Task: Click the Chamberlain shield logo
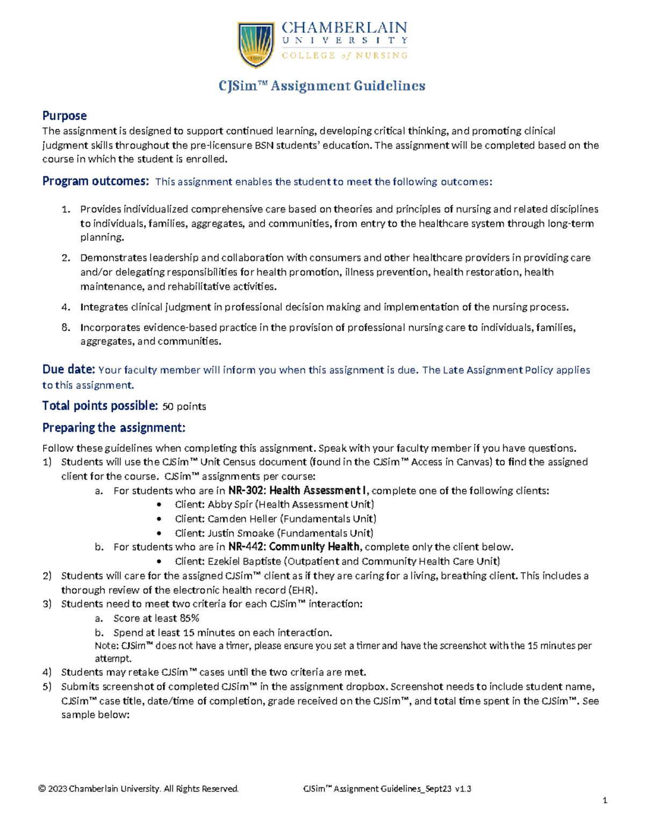(x=256, y=44)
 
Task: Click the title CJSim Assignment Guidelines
(x=321, y=86)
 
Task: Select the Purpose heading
(x=64, y=116)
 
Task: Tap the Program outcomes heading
(x=95, y=181)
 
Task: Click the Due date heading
(x=68, y=369)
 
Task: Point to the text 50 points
(x=184, y=406)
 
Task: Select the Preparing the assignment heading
(x=113, y=427)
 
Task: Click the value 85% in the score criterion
(x=189, y=618)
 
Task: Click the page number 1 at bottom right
(x=605, y=801)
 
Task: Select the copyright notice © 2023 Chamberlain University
(x=139, y=789)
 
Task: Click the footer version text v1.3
(x=463, y=789)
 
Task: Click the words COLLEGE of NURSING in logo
(x=345, y=55)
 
